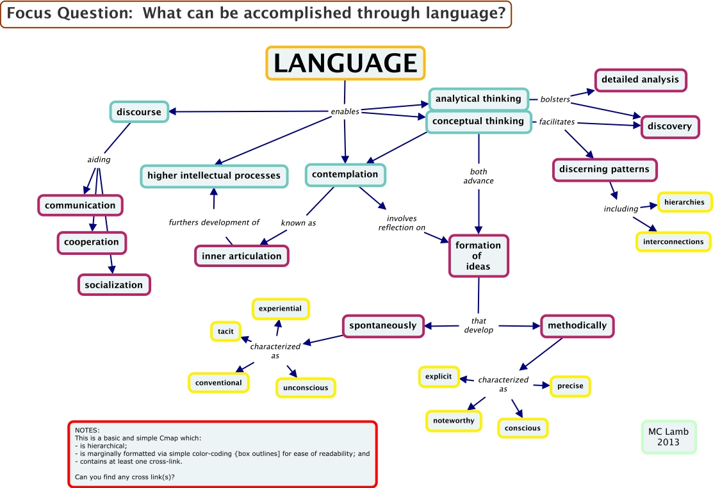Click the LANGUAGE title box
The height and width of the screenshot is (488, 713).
click(x=345, y=63)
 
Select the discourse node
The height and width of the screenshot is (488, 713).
click(x=138, y=112)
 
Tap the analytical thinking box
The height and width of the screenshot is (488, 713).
click(x=479, y=99)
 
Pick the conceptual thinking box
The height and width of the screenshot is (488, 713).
click(x=479, y=121)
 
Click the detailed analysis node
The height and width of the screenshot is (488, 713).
click(x=640, y=79)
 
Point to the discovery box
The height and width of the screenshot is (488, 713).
click(x=669, y=126)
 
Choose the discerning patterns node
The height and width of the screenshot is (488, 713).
click(x=604, y=170)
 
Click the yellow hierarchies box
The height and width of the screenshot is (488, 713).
click(x=684, y=202)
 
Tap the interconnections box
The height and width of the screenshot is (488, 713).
click(x=673, y=241)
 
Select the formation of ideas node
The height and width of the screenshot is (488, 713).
click(x=479, y=256)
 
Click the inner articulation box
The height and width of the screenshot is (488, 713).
click(x=242, y=256)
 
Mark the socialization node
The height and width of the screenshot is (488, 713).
click(x=114, y=285)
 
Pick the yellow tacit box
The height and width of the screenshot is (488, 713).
click(x=225, y=331)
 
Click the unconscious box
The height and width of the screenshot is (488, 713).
click(x=306, y=387)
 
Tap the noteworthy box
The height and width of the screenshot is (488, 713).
click(x=454, y=421)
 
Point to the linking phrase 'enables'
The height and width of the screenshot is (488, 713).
click(x=345, y=111)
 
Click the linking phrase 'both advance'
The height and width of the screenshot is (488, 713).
click(x=479, y=176)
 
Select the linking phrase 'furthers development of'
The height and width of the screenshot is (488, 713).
click(x=214, y=223)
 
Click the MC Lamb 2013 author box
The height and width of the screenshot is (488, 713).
click(x=668, y=437)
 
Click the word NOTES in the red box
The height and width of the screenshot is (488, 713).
click(x=87, y=430)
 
